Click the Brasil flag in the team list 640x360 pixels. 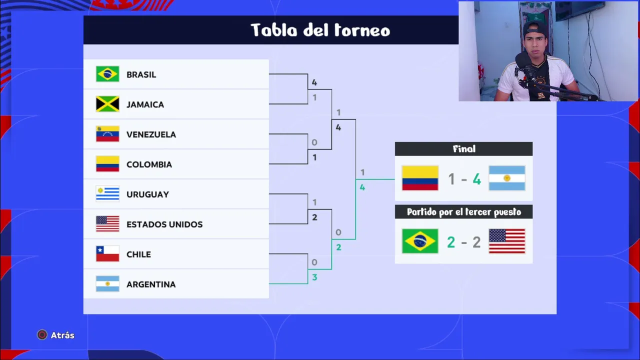click(x=107, y=74)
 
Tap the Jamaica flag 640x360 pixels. click(x=107, y=104)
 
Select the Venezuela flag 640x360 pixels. click(x=107, y=133)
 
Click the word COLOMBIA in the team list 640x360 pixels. click(x=149, y=164)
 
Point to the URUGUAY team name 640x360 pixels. click(x=147, y=194)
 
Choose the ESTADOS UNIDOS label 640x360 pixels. click(x=164, y=224)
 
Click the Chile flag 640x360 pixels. click(x=107, y=253)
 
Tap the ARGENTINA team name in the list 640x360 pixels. click(x=151, y=284)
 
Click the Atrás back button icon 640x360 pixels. click(x=42, y=335)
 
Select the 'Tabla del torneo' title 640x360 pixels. click(x=320, y=30)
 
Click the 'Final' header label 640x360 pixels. click(x=464, y=149)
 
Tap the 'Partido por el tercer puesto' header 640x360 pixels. click(x=464, y=212)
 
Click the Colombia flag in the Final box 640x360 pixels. click(x=420, y=178)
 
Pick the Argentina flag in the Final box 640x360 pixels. click(x=507, y=178)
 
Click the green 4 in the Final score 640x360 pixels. click(x=476, y=179)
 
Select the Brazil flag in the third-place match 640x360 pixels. click(x=420, y=241)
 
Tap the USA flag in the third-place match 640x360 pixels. click(x=507, y=241)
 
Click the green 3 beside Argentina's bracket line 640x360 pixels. click(x=314, y=277)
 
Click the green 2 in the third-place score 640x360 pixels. click(x=451, y=242)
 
